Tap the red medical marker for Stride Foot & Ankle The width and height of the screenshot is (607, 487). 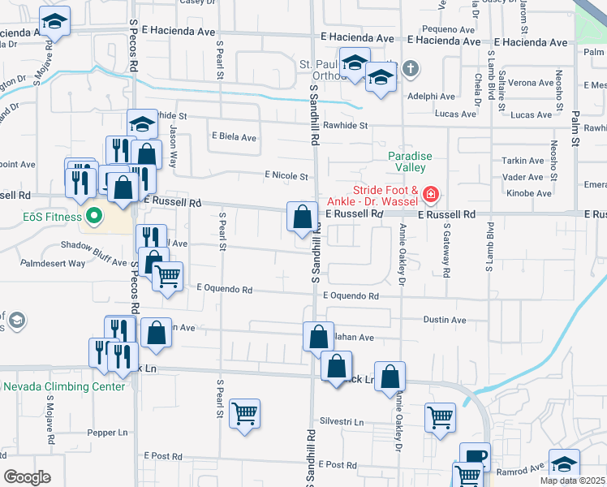click(x=429, y=195)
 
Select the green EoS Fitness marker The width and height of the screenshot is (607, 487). click(x=93, y=217)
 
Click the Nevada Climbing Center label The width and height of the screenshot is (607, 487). click(x=64, y=386)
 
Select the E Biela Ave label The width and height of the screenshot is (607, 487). click(x=233, y=137)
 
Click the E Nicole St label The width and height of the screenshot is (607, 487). click(x=286, y=176)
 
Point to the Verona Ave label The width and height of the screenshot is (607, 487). click(x=531, y=83)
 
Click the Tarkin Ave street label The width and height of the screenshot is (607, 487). click(x=523, y=161)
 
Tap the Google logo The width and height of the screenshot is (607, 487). click(x=27, y=476)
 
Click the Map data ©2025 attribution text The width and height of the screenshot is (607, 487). click(x=572, y=481)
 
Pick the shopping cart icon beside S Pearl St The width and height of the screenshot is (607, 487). click(x=244, y=414)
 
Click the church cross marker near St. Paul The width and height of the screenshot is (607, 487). click(x=411, y=67)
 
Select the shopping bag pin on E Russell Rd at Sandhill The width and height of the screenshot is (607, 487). click(x=302, y=217)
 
